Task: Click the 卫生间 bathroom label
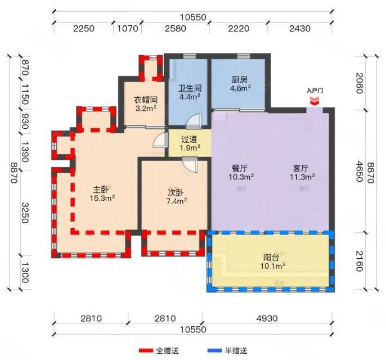[190, 88]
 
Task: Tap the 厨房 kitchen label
[239, 80]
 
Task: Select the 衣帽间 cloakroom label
[146, 100]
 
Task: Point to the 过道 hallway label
[189, 139]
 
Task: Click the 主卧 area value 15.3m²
[102, 198]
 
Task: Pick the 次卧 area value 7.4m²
[177, 201]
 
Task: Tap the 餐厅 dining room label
[240, 168]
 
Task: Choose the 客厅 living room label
[300, 168]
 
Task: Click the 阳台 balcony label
[271, 258]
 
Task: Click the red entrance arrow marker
[315, 101]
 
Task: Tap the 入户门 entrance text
[315, 91]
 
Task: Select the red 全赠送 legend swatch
[146, 350]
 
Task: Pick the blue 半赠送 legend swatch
[214, 350]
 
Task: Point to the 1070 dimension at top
[127, 29]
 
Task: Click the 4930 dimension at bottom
[267, 318]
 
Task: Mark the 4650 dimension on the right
[360, 171]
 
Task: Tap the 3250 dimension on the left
[25, 213]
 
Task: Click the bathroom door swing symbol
[194, 121]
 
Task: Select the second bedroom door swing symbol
[190, 165]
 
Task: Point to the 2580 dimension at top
[176, 29]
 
